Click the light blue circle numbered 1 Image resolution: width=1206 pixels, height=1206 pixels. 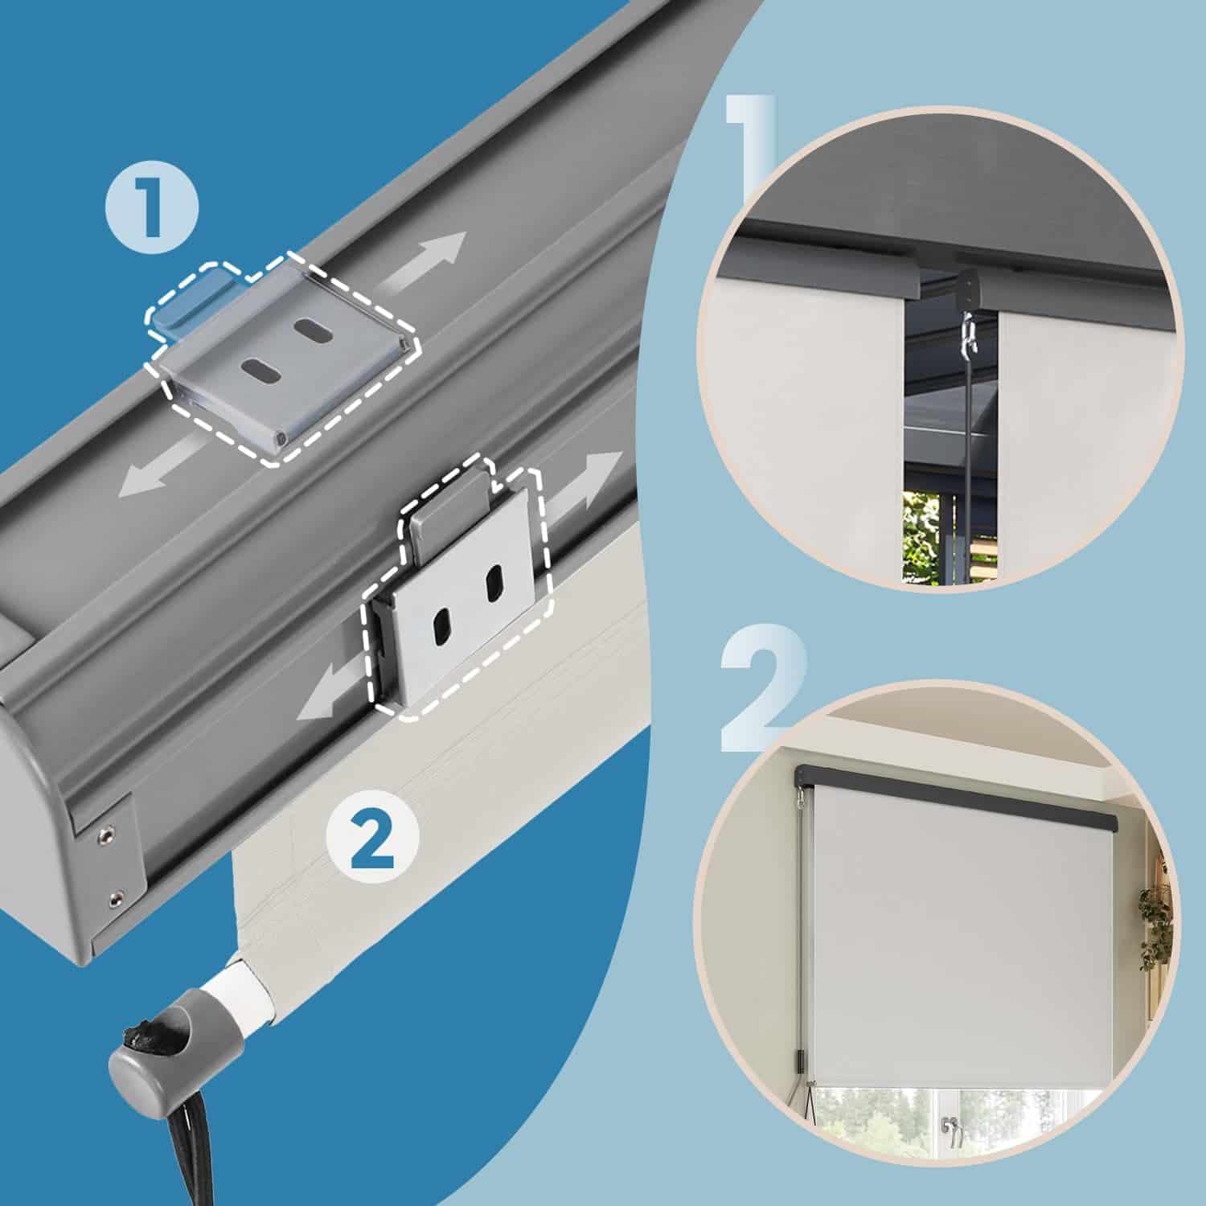pos(151,208)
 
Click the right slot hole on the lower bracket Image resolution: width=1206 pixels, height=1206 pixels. pos(494,580)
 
